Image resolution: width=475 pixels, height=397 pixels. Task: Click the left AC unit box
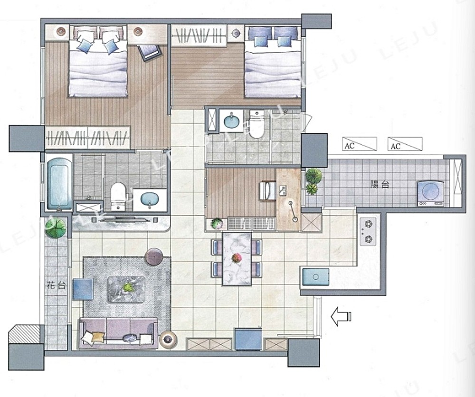pos(360,144)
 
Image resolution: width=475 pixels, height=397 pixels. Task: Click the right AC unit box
pos(405,144)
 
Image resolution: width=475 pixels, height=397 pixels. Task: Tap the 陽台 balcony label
pos(380,184)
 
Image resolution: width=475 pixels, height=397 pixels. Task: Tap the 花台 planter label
pos(57,285)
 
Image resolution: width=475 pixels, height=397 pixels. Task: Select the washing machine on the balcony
pos(430,193)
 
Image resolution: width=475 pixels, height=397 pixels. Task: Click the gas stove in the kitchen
pos(368,231)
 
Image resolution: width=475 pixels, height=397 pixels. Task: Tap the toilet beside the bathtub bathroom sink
pos(118,196)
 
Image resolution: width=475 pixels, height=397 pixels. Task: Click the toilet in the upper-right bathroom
pos(257,124)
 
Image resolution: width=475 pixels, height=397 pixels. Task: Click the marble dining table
pos(237,259)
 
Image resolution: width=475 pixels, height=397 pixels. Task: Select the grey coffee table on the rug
pos(126,289)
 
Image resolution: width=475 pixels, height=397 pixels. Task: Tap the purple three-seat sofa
pos(118,333)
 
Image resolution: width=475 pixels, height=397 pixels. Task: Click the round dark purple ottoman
pos(154,257)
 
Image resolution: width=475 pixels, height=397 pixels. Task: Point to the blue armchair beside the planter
pos(83,289)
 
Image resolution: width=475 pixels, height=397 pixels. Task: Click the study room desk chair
pos(267,190)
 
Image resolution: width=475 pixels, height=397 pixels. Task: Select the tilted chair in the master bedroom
pos(149,53)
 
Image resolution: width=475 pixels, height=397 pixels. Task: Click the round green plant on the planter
pos(56,228)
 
